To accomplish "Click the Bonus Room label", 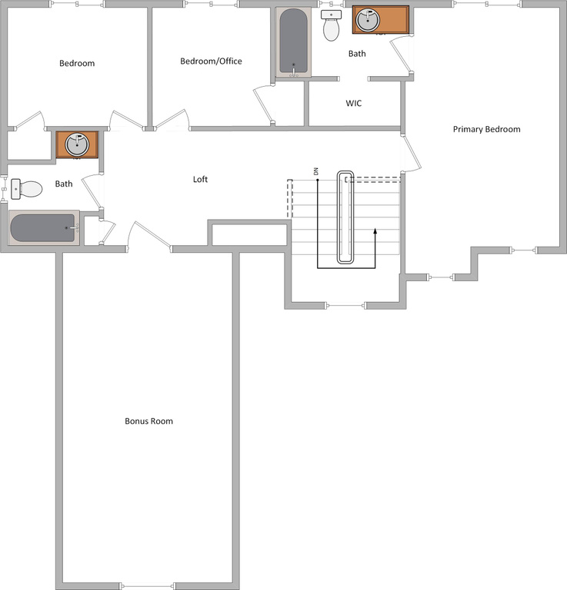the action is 148,421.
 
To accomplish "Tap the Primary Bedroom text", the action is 486,129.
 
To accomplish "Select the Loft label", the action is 200,180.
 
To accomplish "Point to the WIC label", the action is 353,103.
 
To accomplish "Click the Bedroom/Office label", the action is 211,61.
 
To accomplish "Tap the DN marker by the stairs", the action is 315,171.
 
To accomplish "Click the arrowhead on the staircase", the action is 375,230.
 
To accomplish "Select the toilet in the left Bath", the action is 26,189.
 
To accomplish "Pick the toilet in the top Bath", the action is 331,25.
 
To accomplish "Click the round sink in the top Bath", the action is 367,20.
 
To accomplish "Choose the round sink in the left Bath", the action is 77,144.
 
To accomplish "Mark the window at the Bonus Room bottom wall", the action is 146,586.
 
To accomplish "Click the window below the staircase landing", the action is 345,306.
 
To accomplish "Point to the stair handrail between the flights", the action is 345,217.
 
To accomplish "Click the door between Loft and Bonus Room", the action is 148,236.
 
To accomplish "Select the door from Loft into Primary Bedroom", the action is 411,154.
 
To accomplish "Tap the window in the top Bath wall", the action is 332,4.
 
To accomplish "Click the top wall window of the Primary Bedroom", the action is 487,4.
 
